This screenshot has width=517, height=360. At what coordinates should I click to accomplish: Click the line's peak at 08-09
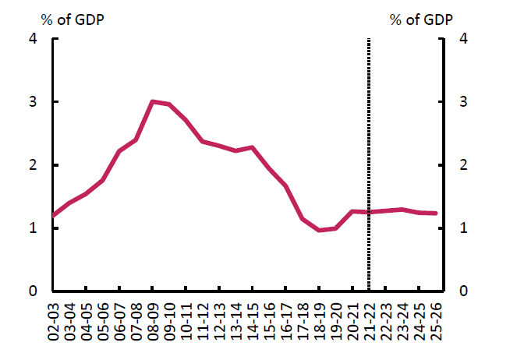tap(153, 101)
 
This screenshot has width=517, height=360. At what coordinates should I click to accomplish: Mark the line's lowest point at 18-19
tap(318, 231)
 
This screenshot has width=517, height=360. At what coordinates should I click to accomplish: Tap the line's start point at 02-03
tap(54, 215)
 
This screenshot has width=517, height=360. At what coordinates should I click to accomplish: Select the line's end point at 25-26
tap(434, 213)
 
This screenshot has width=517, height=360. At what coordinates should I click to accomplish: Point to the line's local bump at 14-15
tap(252, 147)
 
